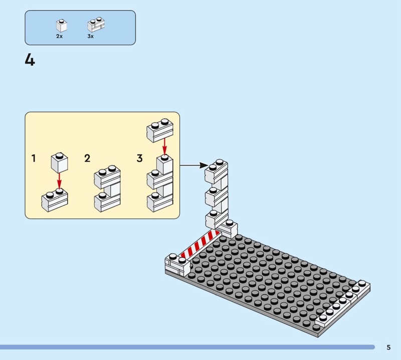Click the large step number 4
30,60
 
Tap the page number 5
388,347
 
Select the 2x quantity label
59,36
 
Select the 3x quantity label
91,36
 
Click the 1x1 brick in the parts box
61,26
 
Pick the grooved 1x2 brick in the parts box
96,25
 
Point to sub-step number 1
34,158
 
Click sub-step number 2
87,158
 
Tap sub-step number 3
139,158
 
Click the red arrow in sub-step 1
59,181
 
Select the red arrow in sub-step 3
165,146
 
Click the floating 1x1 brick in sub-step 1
59,163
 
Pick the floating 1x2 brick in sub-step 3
160,130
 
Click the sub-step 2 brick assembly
107,189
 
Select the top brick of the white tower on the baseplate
216,171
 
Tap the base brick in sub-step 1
55,201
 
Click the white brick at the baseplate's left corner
178,265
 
